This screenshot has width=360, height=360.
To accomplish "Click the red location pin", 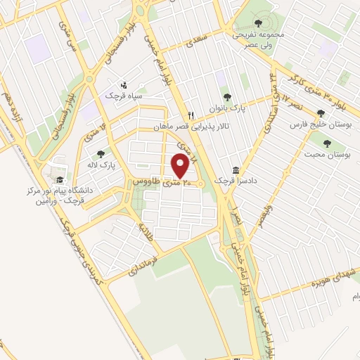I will [x=180, y=166].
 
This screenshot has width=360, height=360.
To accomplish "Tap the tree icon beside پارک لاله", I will [x=101, y=153].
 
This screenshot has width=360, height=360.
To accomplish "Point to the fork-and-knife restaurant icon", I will [x=190, y=115].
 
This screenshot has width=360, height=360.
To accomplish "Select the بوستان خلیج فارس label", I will [x=321, y=124].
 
